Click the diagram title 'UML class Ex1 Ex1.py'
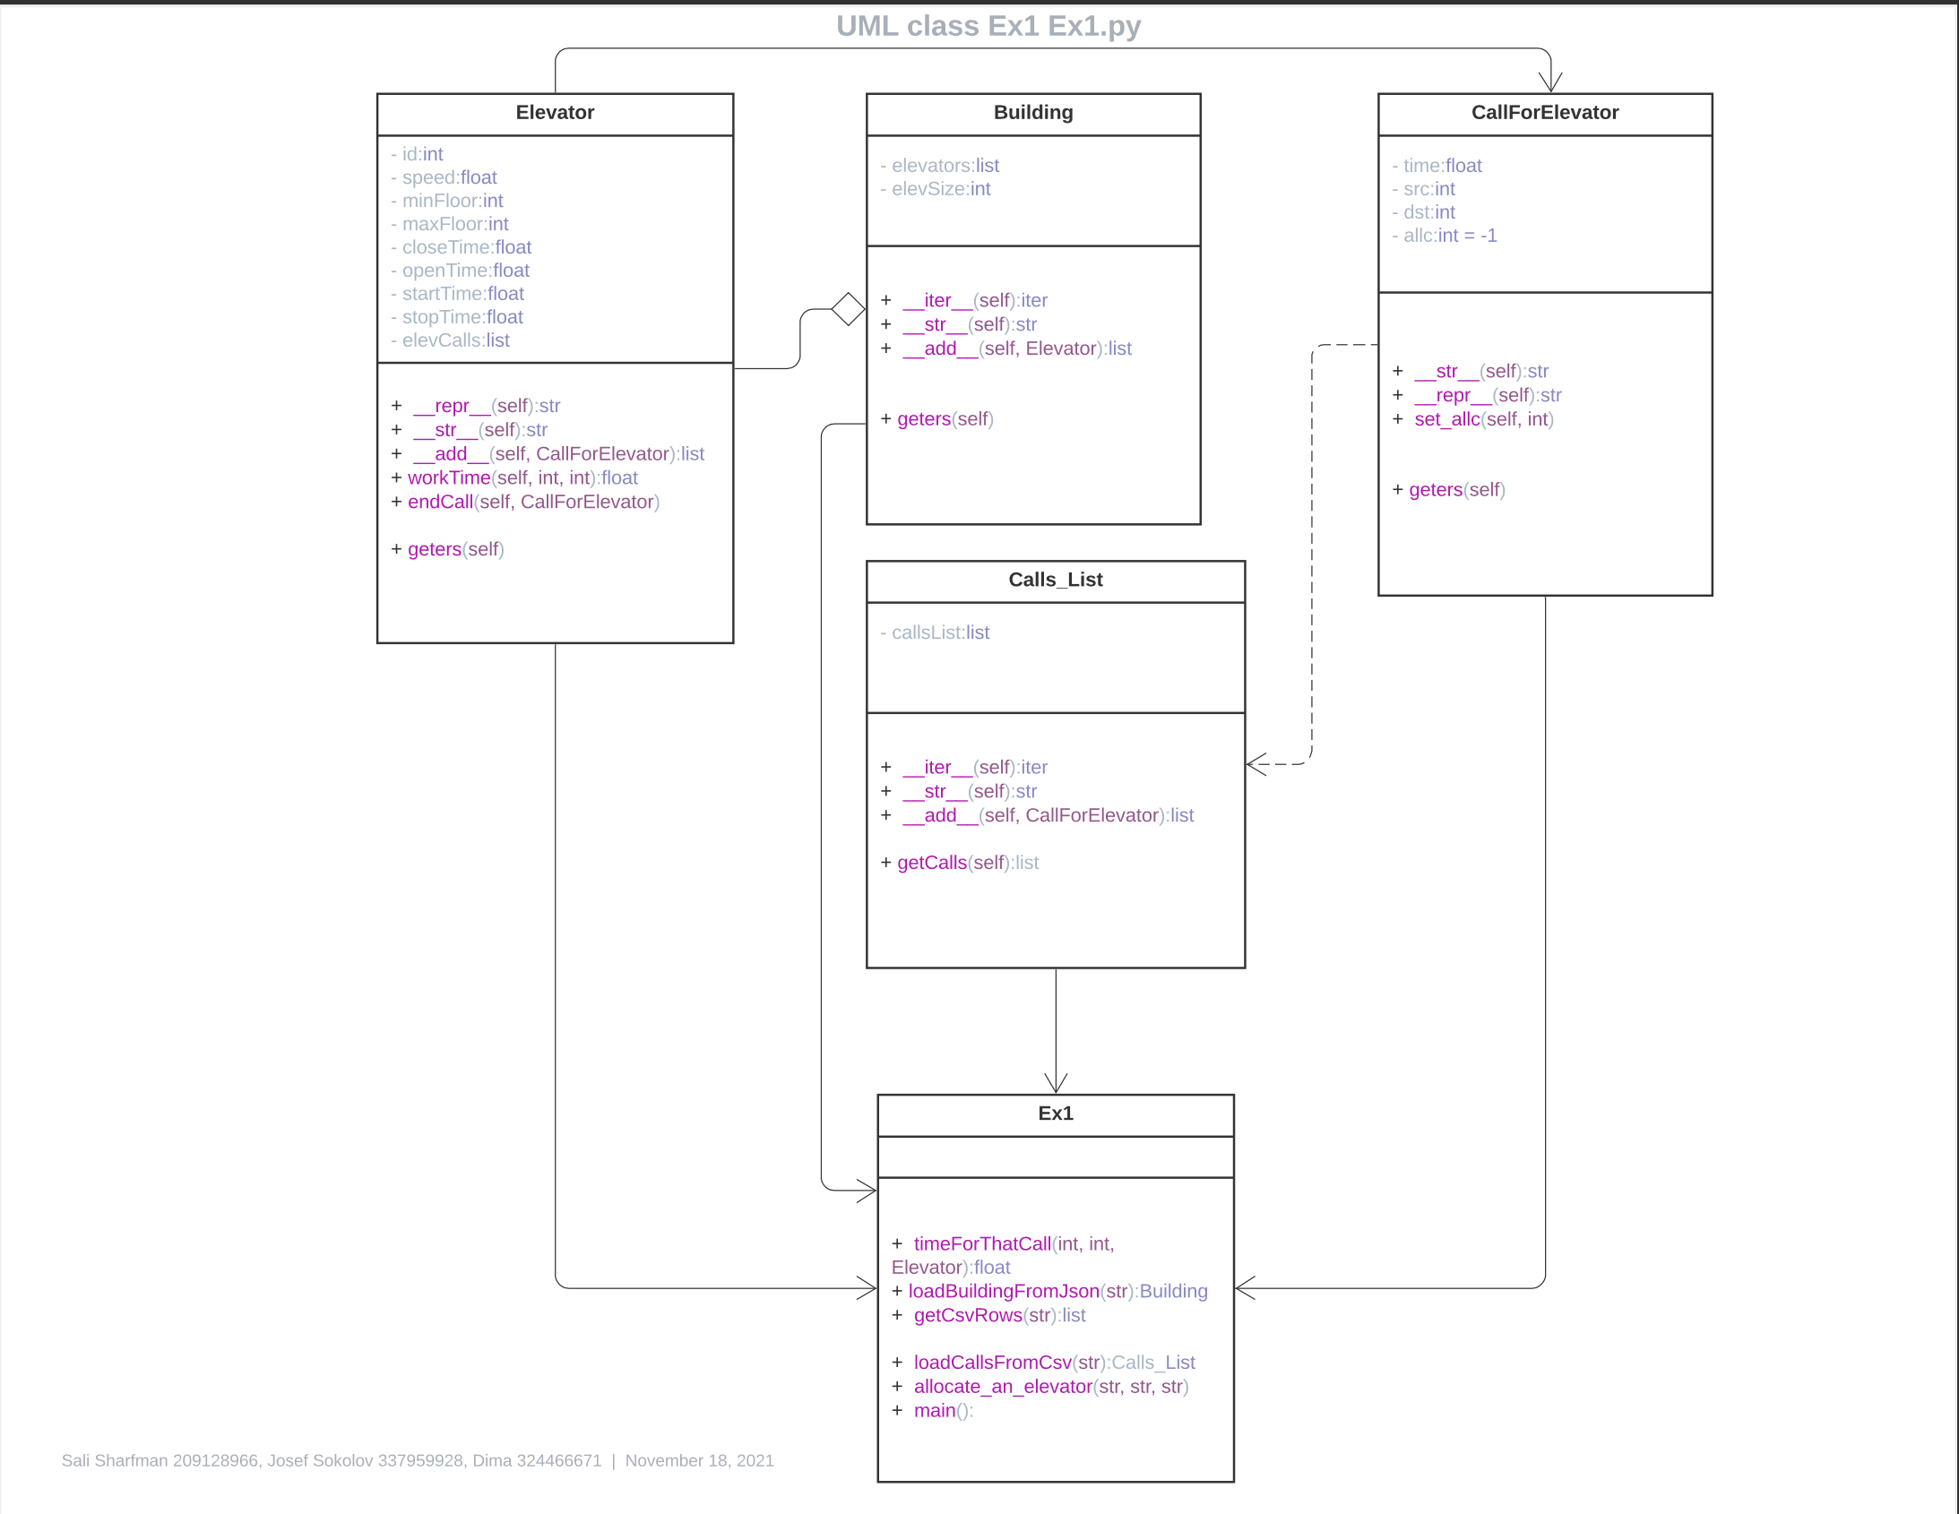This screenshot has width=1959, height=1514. [988, 26]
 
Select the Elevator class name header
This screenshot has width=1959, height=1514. [555, 113]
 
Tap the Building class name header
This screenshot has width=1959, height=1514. [1032, 113]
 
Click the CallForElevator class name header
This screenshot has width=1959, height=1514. [1544, 113]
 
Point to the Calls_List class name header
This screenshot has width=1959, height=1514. [1055, 581]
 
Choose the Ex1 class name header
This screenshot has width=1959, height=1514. [1055, 1114]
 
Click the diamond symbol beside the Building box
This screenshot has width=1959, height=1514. [848, 309]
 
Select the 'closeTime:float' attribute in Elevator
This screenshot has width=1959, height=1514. [465, 247]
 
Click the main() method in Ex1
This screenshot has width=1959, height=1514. [941, 1411]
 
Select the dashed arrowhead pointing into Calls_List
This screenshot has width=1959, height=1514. [1256, 764]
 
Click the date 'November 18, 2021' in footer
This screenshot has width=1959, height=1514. [699, 1460]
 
